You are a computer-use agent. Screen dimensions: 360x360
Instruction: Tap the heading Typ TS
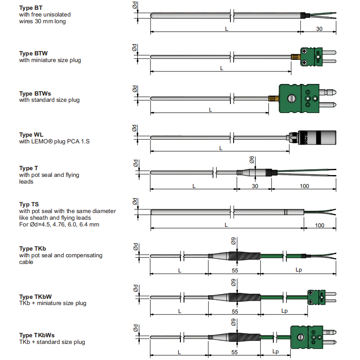tap(29, 204)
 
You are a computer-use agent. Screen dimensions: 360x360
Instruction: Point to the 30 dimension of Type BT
tap(319, 29)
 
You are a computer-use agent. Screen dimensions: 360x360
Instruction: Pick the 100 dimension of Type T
tap(304, 186)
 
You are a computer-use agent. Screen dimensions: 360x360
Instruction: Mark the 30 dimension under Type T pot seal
tap(255, 186)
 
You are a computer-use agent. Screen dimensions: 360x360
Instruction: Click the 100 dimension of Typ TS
tap(320, 225)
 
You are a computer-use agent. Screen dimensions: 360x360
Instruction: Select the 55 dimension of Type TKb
tap(235, 271)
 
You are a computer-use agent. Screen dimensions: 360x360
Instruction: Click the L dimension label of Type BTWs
tap(210, 110)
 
